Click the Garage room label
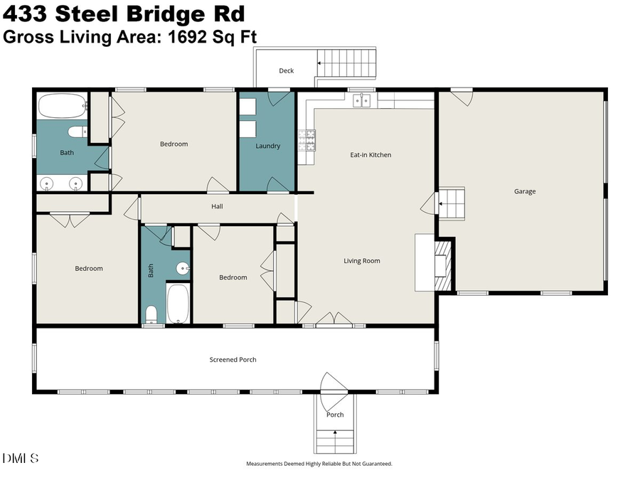525,191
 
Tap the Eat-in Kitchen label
370,154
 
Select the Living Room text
362,261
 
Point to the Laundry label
267,146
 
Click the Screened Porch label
233,360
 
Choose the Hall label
217,206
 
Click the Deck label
286,70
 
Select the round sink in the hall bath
183,268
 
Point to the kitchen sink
362,100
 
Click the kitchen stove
307,140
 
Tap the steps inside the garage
450,204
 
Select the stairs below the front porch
334,442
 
